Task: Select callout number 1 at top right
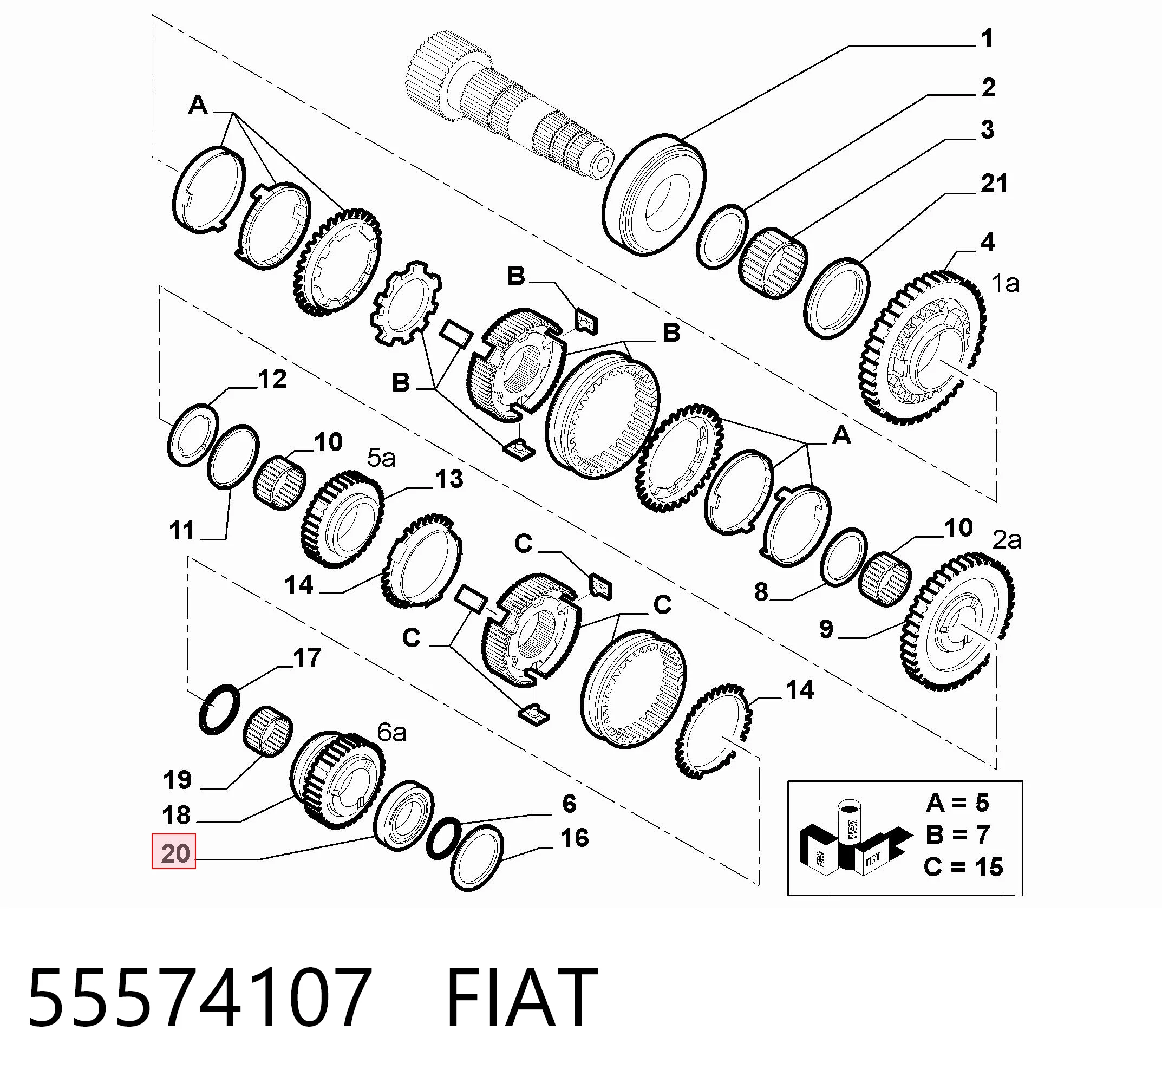pyautogui.click(x=987, y=38)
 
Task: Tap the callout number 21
pyautogui.click(x=994, y=184)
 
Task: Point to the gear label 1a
pyautogui.click(x=1006, y=283)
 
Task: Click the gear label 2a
pyautogui.click(x=1007, y=540)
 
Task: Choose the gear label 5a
pyautogui.click(x=381, y=458)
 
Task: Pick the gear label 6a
pyautogui.click(x=391, y=733)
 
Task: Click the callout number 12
pyautogui.click(x=272, y=379)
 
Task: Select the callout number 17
pyautogui.click(x=308, y=657)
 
